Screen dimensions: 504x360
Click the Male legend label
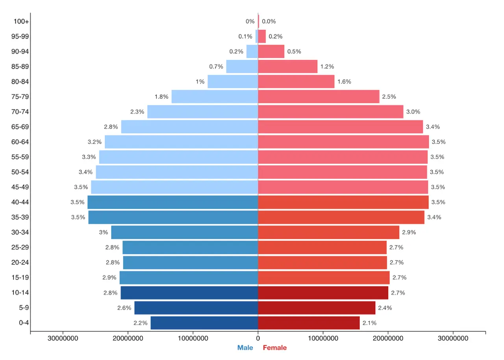245,348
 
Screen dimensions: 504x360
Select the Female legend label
275,348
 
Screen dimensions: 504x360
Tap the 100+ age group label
21,21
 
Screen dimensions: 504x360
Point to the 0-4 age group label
24,323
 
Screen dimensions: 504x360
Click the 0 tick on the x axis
258,338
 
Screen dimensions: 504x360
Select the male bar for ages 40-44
172,202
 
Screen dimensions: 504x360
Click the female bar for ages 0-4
309,323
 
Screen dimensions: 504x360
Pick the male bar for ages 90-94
252,52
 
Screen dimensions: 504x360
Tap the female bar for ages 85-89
288,66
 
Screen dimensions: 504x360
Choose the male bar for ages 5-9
196,308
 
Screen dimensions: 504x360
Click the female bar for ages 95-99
262,37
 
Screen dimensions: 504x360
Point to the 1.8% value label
161,97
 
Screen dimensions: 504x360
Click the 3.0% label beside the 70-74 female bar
413,112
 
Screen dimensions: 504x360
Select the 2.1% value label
369,323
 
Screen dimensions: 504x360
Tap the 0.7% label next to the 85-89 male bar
216,66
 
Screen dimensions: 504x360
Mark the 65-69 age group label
20,127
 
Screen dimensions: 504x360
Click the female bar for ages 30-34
328,232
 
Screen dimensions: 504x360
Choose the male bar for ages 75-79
215,97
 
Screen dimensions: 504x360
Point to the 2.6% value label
124,308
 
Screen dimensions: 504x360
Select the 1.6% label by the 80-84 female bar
344,81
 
